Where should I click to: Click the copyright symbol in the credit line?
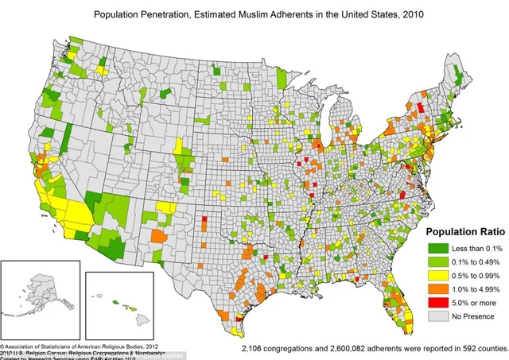pos(3,346)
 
